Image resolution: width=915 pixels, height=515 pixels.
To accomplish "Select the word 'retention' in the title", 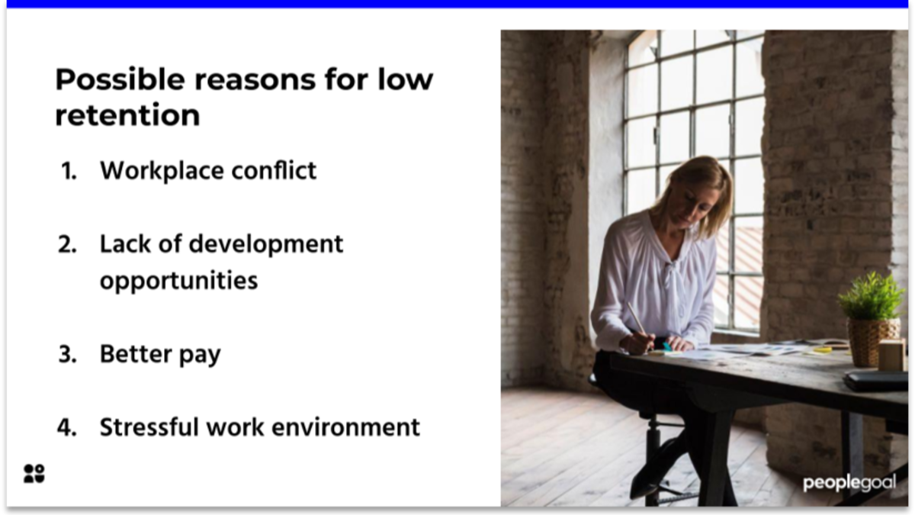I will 127,116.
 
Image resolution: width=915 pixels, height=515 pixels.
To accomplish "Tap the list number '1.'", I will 69,171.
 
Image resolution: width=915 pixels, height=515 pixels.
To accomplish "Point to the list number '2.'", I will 68,245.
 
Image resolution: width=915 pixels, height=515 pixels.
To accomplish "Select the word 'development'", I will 265,244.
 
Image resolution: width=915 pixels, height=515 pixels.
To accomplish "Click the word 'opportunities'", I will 178,281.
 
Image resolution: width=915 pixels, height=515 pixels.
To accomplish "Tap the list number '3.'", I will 68,355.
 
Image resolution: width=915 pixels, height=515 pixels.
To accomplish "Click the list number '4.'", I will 68,427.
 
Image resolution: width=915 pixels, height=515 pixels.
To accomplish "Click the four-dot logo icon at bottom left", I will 34,473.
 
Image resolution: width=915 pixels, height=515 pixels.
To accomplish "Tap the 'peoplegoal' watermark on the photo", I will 849,483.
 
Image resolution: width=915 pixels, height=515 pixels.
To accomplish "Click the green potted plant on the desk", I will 871,297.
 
